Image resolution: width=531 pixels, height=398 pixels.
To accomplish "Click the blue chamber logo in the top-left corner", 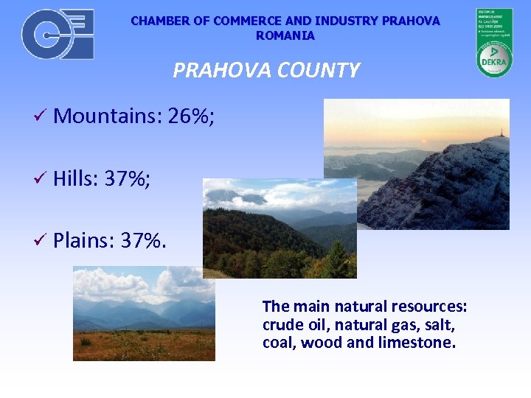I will point(58,34).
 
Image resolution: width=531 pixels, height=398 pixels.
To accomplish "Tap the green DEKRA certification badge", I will point(494,43).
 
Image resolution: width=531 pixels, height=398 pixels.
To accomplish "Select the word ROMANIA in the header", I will point(285,35).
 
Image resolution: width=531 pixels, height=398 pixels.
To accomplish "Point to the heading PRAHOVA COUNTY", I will point(265,70).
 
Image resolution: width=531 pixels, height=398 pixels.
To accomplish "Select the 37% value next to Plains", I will point(140,240).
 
